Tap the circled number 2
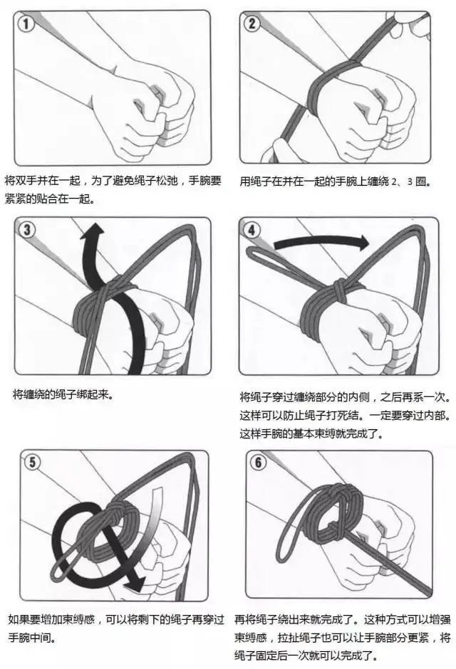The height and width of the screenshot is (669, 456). click(252, 23)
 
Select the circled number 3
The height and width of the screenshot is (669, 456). click(27, 230)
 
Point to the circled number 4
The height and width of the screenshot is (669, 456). click(252, 230)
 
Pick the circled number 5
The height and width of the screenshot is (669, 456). click(33, 462)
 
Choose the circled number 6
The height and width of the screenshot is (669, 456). click(259, 462)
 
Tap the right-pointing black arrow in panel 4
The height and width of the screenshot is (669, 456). click(321, 243)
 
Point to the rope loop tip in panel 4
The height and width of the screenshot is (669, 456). click(250, 252)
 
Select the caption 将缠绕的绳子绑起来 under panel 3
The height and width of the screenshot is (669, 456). click(63, 395)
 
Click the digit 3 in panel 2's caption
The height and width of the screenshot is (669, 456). click(410, 181)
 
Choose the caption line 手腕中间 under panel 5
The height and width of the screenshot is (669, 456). click(31, 638)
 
